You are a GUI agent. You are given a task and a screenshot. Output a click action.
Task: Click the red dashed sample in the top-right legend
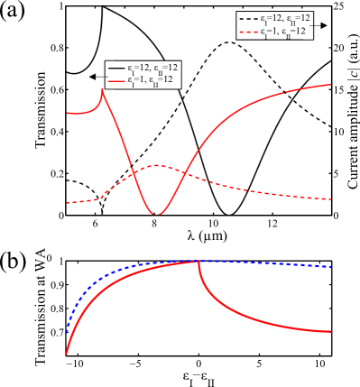click(249, 32)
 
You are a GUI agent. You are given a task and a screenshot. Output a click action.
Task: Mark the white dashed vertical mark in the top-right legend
click(303, 25)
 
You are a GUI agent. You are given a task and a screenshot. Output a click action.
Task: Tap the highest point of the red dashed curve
click(159, 165)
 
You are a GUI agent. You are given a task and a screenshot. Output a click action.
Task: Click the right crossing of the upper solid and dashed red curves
click(185, 171)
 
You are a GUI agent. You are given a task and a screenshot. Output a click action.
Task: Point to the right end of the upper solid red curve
click(331, 85)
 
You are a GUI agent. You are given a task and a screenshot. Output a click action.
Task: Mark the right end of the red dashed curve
click(331, 198)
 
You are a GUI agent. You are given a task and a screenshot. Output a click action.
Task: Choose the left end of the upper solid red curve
click(67, 113)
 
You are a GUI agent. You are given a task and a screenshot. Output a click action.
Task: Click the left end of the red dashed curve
click(67, 203)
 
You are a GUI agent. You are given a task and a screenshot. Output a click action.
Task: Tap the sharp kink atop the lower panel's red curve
click(198, 261)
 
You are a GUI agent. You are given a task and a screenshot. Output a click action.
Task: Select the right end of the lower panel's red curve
click(331, 332)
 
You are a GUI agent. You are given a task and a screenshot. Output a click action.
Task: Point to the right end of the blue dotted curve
click(331, 266)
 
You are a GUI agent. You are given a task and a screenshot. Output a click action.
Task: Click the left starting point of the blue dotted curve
click(67, 332)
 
